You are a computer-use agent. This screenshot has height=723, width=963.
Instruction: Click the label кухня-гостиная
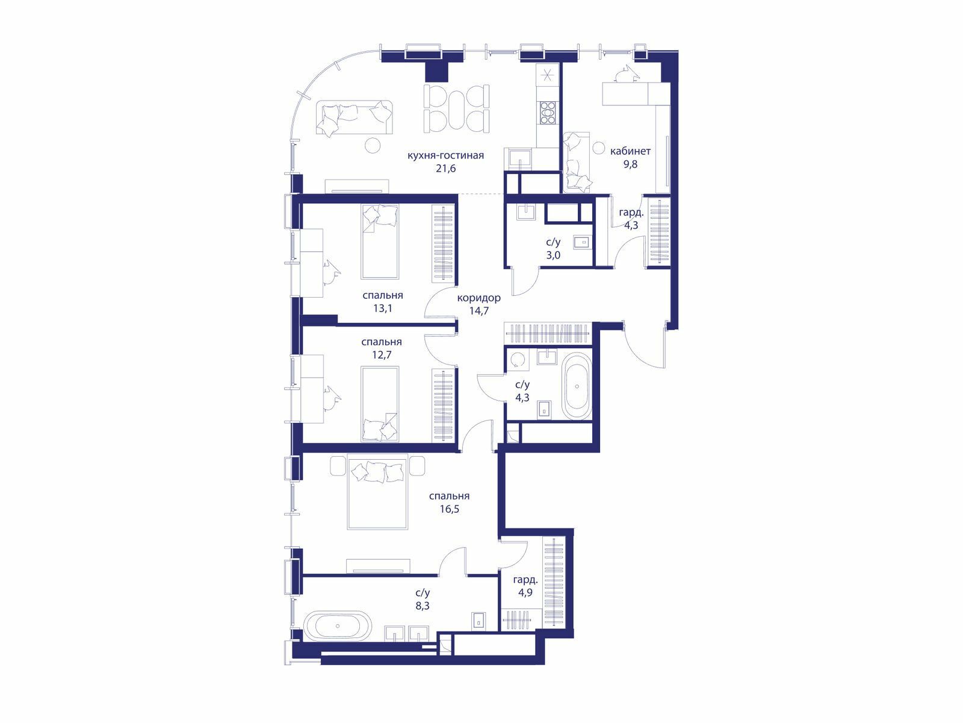click(445, 155)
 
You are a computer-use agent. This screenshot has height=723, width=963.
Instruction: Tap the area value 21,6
click(446, 169)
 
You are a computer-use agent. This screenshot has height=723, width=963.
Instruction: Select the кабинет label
click(630, 151)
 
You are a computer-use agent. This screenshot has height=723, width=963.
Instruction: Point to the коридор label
click(478, 298)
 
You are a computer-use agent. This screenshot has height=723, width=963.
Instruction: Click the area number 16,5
click(449, 509)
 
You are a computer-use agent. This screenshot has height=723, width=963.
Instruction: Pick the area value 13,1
click(383, 308)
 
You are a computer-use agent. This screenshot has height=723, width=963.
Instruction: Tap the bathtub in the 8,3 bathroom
click(338, 625)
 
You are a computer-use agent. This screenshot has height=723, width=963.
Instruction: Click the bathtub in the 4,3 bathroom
click(577, 387)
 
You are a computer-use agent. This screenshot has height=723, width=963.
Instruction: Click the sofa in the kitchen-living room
click(354, 117)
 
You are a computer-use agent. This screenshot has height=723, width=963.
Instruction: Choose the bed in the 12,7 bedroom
click(380, 404)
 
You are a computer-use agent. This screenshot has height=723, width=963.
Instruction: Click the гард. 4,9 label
click(525, 586)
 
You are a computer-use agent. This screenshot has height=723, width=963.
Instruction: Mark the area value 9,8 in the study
click(630, 164)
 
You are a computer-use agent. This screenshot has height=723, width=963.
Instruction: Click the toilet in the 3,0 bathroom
click(583, 242)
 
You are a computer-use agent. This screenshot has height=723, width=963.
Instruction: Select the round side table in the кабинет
click(598, 148)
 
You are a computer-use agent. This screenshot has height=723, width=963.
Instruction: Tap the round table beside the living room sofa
click(373, 145)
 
